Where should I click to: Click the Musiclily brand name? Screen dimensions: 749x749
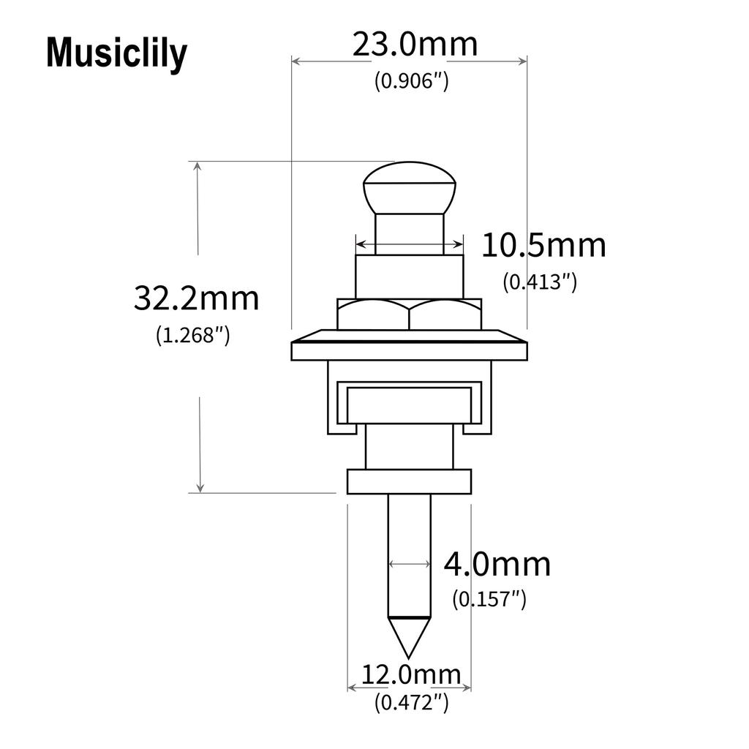(116, 54)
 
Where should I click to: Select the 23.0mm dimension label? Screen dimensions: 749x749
(415, 45)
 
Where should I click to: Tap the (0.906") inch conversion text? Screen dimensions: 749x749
(411, 81)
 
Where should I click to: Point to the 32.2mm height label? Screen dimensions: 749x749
(196, 298)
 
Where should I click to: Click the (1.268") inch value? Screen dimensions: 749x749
(193, 335)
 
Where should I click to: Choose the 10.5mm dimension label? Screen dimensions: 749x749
(543, 246)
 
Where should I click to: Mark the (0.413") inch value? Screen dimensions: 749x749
(540, 282)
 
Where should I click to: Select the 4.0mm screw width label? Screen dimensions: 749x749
(497, 565)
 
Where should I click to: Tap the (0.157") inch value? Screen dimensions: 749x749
(489, 599)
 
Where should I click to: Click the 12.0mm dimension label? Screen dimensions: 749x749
(412, 674)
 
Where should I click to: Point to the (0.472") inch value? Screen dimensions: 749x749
(411, 703)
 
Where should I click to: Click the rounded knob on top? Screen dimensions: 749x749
(410, 187)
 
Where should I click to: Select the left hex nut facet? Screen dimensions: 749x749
(372, 315)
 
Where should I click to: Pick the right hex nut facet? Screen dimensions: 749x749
(445, 315)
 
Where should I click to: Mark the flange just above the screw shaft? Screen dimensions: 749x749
(409, 482)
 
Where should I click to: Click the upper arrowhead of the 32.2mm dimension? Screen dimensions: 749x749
(197, 166)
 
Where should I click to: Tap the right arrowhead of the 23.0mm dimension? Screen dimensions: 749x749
(522, 62)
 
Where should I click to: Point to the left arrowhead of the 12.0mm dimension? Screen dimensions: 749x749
(351, 688)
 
